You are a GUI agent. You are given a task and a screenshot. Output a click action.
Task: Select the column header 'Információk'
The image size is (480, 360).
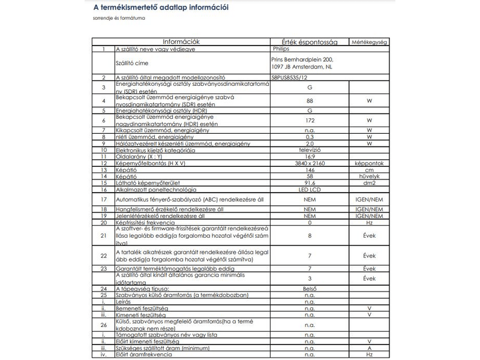181,41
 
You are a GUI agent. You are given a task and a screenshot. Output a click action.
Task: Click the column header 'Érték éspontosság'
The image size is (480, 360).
310,42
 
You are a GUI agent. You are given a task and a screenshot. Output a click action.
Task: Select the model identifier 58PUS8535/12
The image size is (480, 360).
292,77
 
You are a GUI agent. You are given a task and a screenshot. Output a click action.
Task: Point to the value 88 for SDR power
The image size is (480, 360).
310,101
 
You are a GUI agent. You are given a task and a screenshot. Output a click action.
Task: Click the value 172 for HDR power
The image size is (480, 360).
310,121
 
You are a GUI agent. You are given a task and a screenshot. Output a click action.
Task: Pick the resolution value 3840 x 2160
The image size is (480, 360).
310,163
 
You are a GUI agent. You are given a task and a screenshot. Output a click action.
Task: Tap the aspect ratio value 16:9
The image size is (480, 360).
310,157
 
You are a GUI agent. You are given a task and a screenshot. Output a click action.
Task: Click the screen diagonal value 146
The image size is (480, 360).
310,170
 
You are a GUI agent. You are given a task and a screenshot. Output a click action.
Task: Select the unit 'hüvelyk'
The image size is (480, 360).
370,176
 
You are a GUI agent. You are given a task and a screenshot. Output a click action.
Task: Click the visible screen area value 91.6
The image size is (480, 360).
310,183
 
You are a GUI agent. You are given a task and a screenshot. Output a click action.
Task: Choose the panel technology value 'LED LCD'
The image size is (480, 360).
310,190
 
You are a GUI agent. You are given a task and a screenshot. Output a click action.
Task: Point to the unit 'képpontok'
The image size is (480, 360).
370,163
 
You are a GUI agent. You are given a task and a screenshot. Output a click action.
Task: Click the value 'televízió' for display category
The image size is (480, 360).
310,150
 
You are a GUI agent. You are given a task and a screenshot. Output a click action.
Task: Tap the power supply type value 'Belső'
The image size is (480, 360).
310,289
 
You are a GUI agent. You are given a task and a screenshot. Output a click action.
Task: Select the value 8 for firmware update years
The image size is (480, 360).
310,236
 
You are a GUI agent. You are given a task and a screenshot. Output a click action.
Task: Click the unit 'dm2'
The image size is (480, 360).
370,183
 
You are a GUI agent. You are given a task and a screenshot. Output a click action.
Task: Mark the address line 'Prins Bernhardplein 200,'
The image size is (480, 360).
302,60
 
